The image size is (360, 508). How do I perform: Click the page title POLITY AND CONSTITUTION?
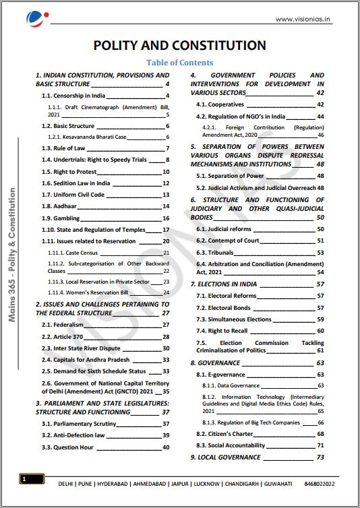(x=179, y=45)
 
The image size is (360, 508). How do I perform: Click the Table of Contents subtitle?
(x=179, y=63)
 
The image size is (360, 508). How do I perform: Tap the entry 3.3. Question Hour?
(x=67, y=447)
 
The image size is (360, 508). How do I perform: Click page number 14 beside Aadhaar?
(x=166, y=206)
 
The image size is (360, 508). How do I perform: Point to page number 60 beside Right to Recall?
(x=320, y=331)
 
